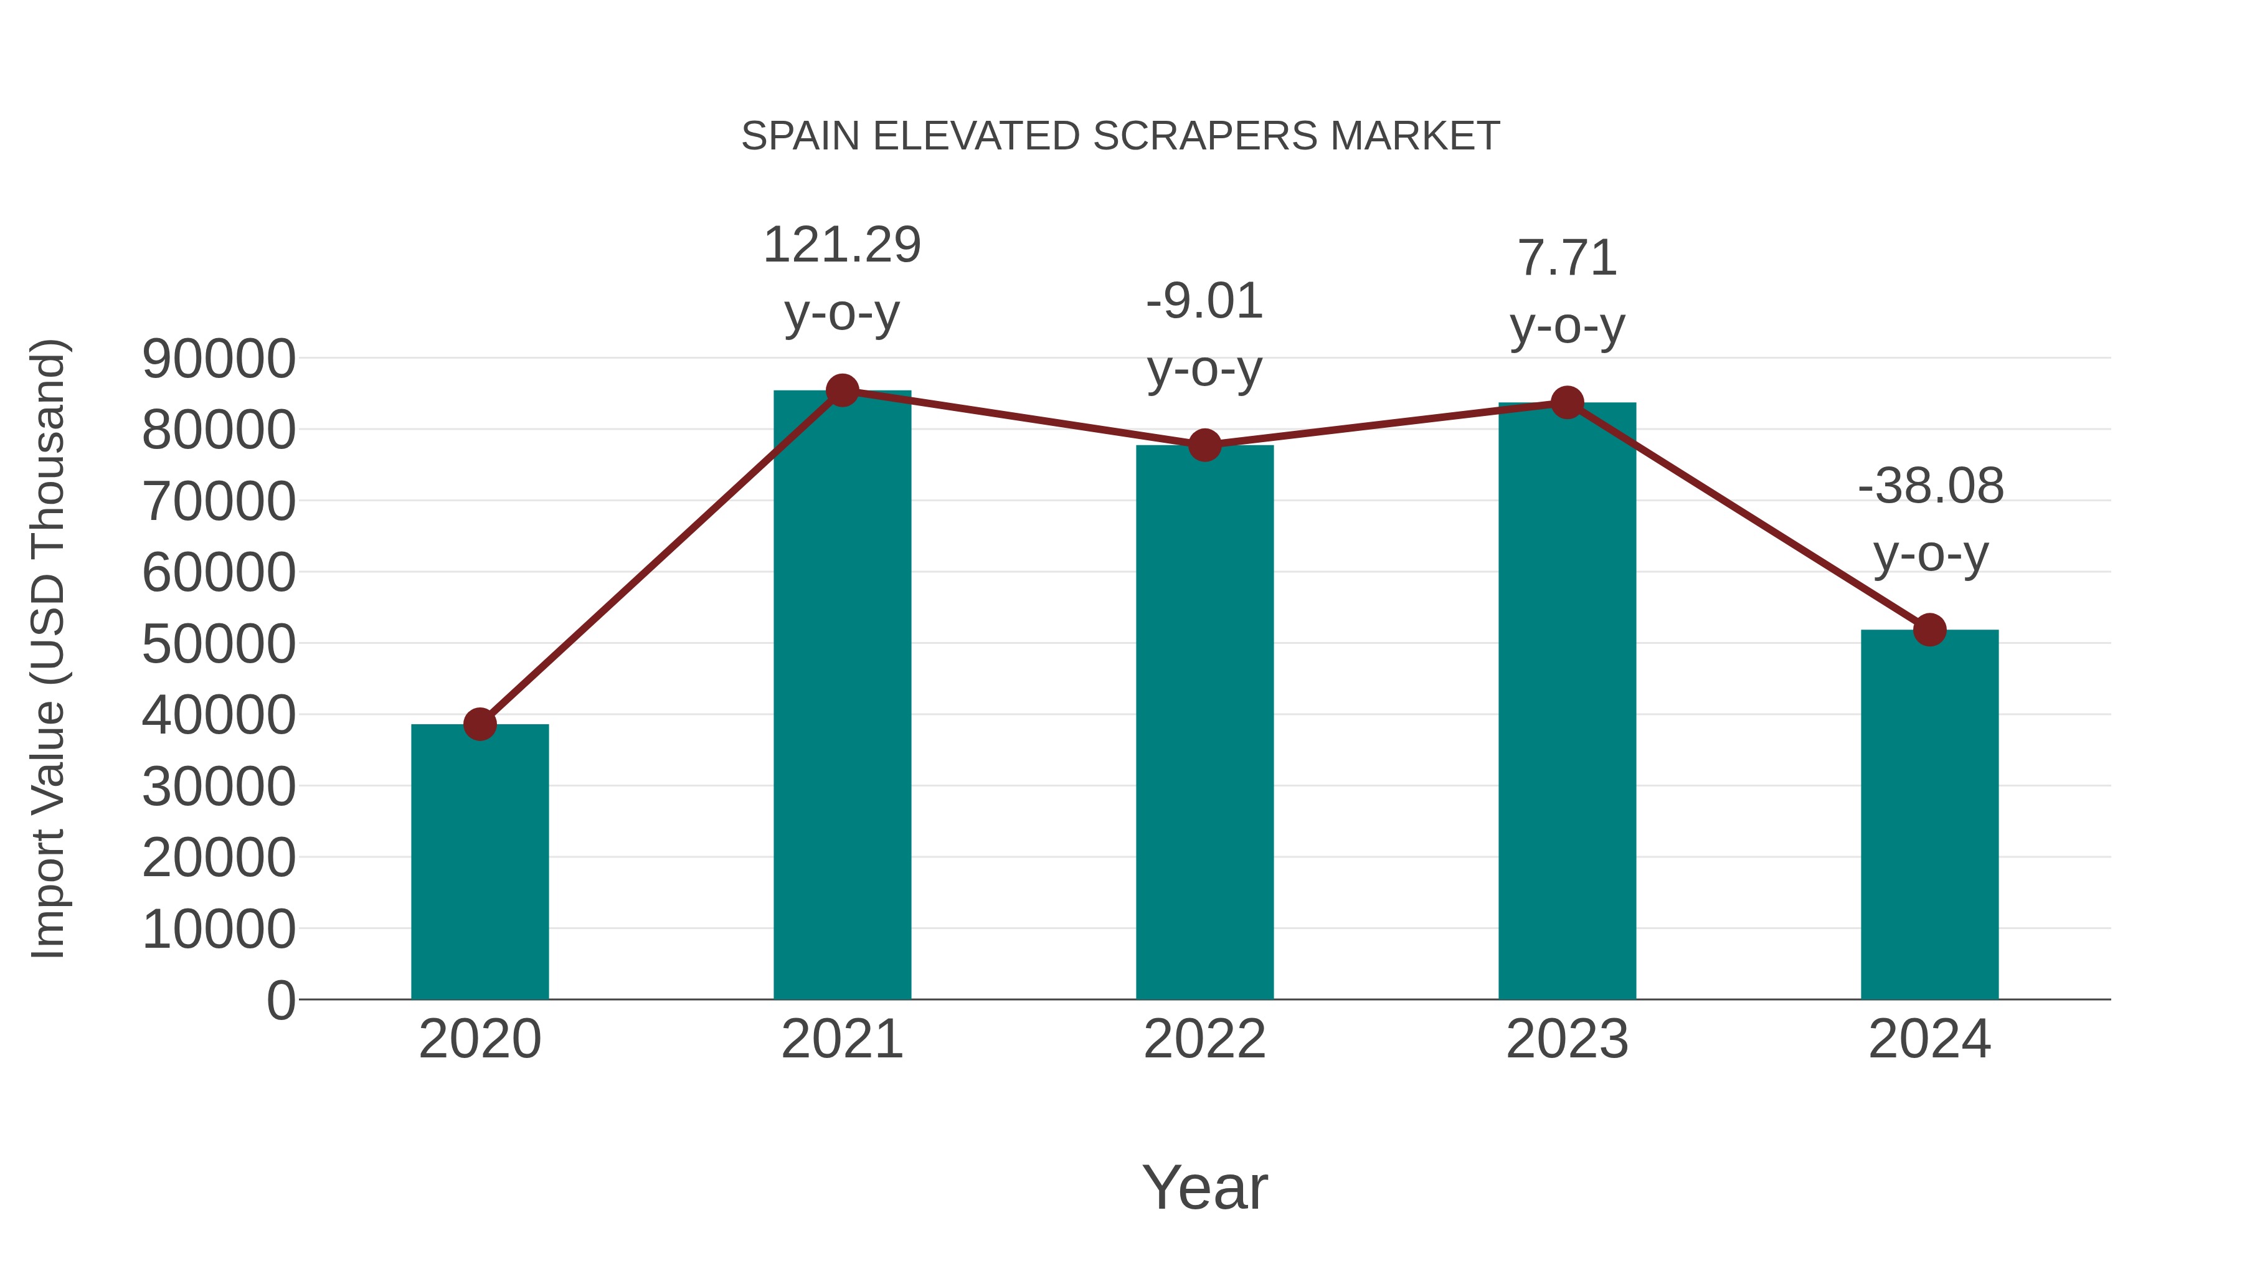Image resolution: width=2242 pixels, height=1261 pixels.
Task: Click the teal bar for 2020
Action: click(x=480, y=862)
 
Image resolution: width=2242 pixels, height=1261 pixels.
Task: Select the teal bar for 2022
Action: click(x=1204, y=722)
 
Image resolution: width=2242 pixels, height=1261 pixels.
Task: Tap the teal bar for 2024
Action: click(x=1929, y=814)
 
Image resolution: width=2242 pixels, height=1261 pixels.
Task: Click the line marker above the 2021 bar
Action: click(x=841, y=390)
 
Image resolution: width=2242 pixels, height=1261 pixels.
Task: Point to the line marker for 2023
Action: click(x=1567, y=403)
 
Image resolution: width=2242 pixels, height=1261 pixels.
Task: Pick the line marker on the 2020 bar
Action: click(x=480, y=724)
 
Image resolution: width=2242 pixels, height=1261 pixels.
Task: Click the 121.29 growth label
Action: click(x=841, y=245)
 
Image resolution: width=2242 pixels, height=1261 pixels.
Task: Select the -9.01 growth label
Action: click(x=1204, y=302)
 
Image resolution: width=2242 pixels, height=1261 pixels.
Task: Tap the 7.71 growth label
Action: click(x=1567, y=258)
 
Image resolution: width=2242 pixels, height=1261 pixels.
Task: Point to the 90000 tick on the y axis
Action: click(x=219, y=359)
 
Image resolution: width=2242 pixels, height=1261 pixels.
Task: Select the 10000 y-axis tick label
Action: click(x=219, y=930)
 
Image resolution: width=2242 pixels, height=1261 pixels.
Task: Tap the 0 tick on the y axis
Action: click(x=281, y=1001)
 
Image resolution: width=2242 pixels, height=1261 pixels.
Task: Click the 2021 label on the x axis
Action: click(x=841, y=1039)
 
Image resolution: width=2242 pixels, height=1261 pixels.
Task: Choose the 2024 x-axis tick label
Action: click(x=1929, y=1039)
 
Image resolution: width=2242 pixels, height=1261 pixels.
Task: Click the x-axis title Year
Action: click(x=1204, y=1187)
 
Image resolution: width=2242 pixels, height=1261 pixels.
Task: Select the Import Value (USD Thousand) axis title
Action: click(x=48, y=648)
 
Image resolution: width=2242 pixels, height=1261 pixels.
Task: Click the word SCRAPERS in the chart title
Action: click(x=1204, y=136)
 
